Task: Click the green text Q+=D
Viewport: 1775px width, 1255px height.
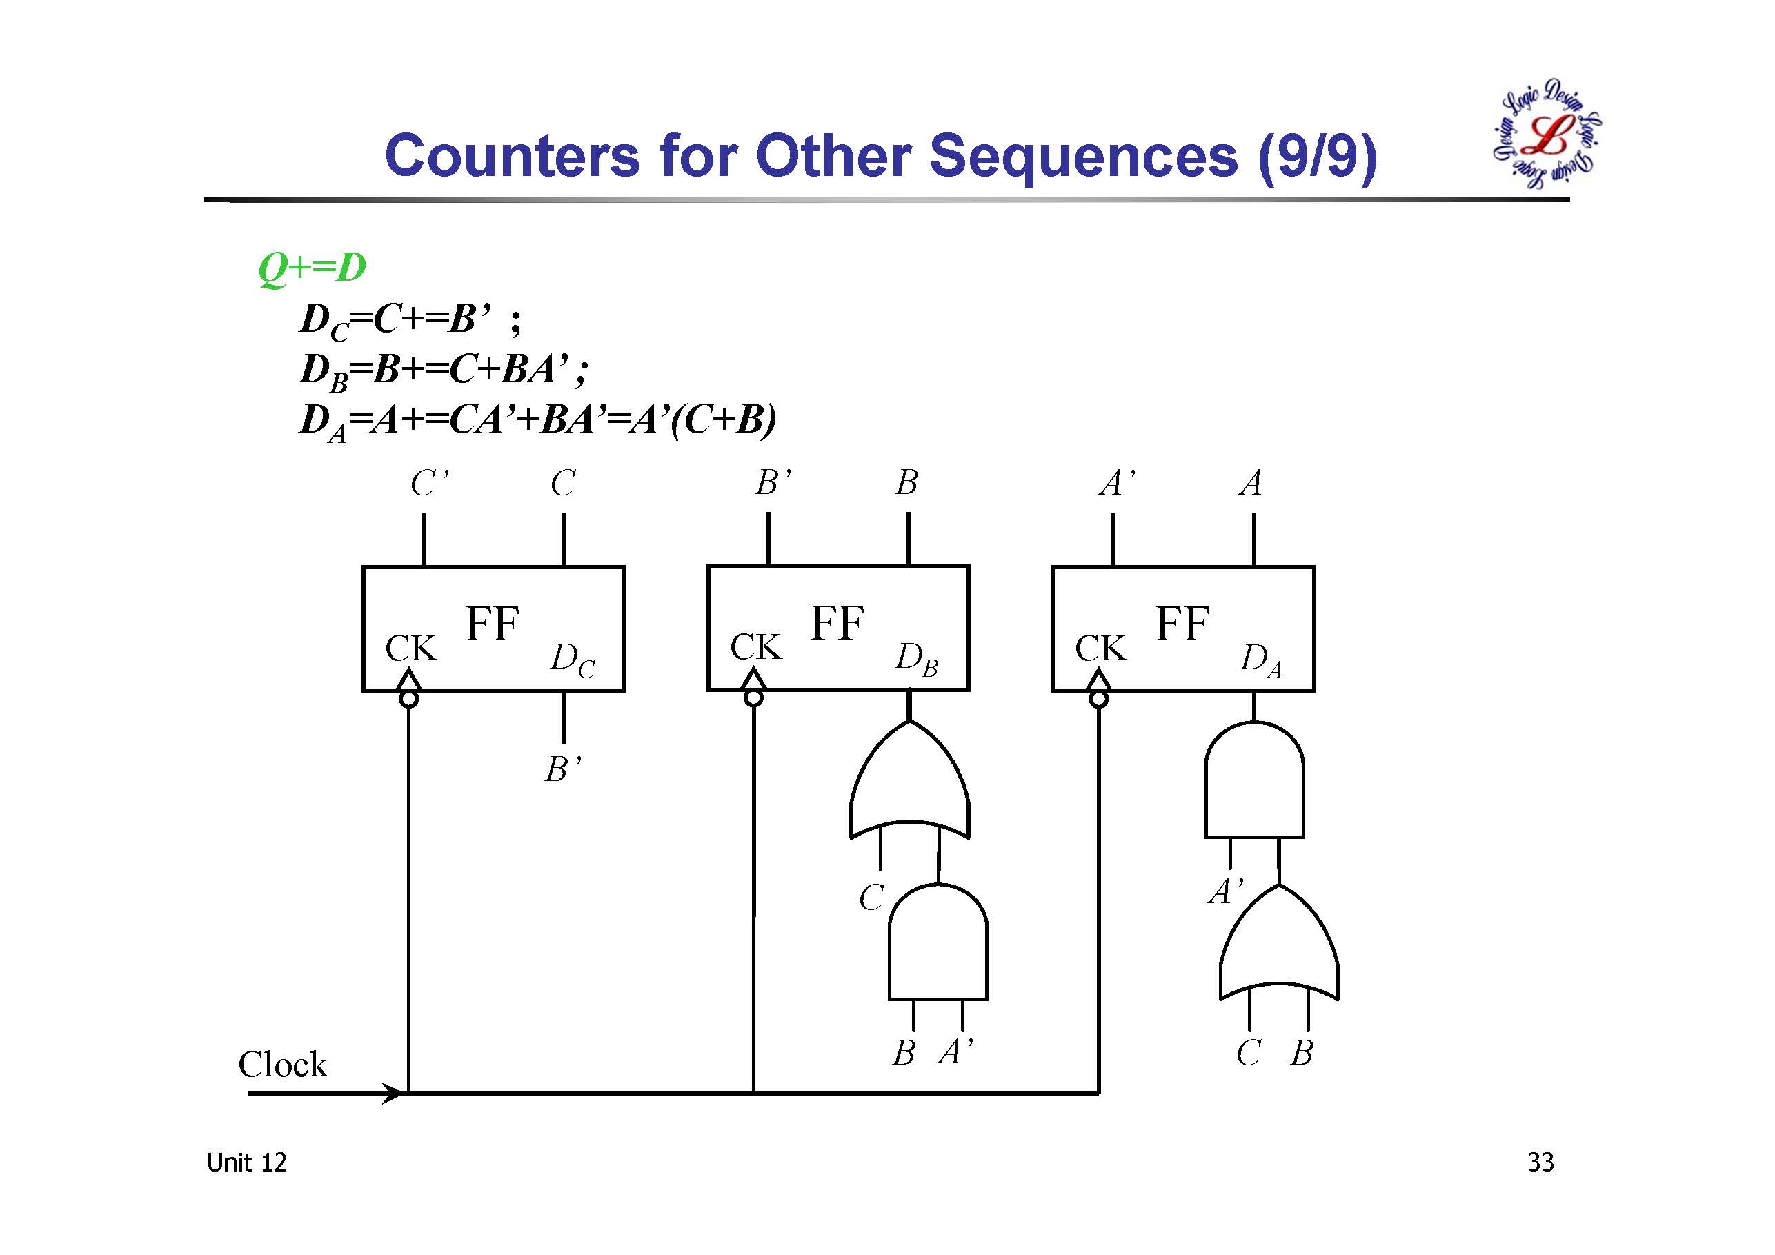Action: [312, 268]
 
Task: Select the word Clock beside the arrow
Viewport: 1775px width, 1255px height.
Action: [282, 1065]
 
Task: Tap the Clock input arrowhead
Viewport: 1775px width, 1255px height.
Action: [393, 1094]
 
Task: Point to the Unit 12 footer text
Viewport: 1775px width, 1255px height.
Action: [246, 1163]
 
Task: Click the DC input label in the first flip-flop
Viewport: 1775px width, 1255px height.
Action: [572, 660]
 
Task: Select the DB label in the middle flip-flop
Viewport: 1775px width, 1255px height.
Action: [916, 659]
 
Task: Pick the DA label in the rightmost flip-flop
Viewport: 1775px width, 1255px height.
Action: [1261, 660]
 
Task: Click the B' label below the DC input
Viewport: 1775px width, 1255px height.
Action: [563, 770]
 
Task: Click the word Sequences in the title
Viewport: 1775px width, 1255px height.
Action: [1083, 156]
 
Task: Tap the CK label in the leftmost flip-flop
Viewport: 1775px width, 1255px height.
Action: [410, 648]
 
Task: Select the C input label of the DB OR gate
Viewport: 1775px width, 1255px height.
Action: [871, 898]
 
